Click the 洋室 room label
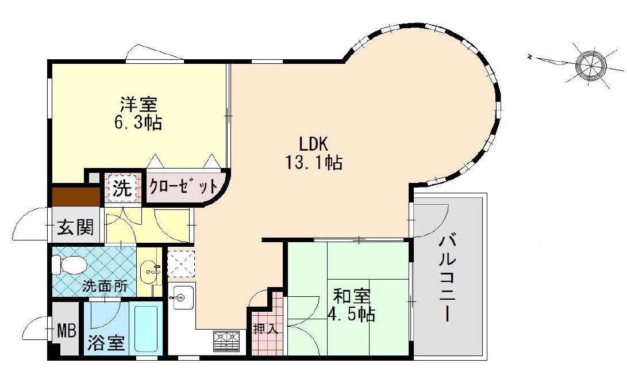coord(139,105)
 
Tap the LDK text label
coord(314,144)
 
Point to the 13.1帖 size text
coord(314,163)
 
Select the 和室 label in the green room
coord(352,297)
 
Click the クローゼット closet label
coord(183,186)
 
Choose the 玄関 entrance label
coord(75,227)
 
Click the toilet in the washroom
coord(69,265)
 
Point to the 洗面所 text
coord(105,286)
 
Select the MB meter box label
coord(67,331)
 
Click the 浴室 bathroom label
coord(106,343)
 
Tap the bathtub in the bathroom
coord(145,328)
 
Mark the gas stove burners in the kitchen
coord(227,342)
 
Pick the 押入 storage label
coord(265,330)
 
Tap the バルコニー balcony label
coord(448,279)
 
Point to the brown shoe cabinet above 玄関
coord(76,196)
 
